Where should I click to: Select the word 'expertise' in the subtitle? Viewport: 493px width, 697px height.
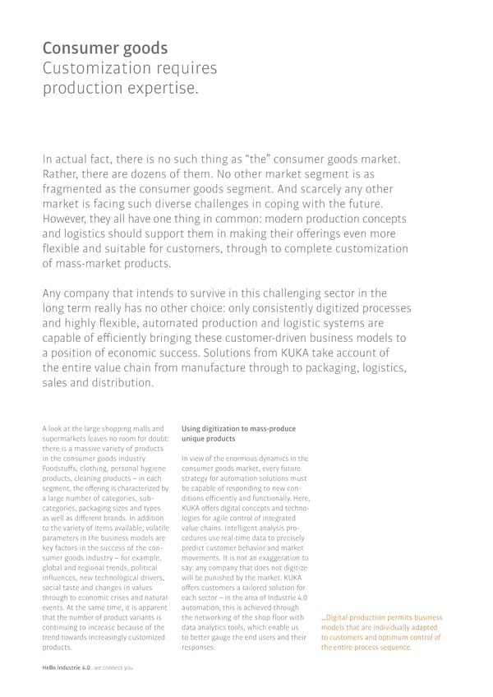click(160, 87)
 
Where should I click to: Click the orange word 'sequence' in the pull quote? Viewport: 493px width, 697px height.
click(392, 647)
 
